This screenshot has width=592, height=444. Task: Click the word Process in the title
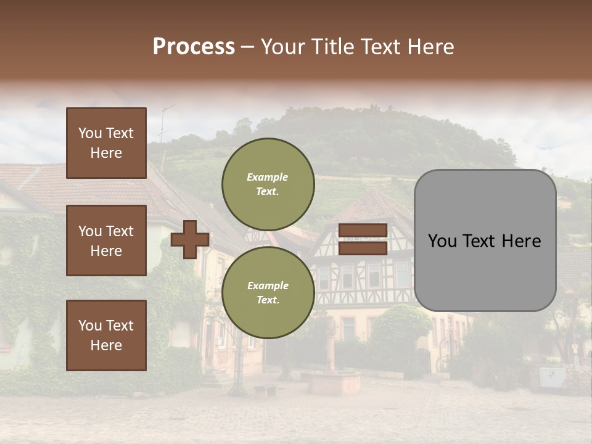[194, 47]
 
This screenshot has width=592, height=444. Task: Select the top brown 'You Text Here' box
[106, 143]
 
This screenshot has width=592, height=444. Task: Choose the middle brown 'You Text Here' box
[106, 240]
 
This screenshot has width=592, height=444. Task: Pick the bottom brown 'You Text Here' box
[106, 335]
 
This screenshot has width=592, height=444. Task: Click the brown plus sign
[189, 239]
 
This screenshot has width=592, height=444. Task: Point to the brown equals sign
[363, 239]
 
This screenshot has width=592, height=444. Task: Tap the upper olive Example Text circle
[268, 184]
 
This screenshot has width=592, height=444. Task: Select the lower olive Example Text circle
[268, 292]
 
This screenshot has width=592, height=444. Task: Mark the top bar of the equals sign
[363, 230]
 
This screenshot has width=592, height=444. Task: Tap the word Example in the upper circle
[268, 177]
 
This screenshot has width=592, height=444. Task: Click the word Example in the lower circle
[268, 286]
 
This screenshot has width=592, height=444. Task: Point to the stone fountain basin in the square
[334, 382]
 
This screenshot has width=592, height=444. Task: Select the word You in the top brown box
[90, 133]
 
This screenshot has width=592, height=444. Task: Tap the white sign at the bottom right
[551, 377]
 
